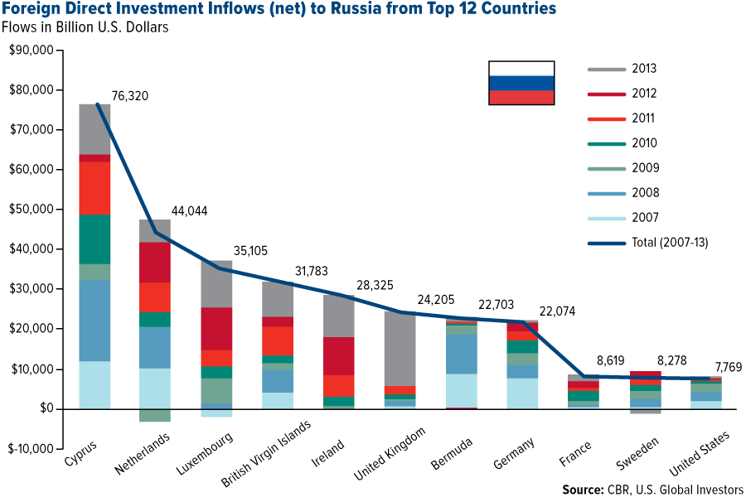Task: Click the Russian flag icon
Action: point(521,83)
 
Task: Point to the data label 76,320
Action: point(129,96)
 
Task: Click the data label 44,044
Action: point(189,211)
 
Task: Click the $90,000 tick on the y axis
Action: point(31,51)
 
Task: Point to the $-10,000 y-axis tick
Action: point(29,449)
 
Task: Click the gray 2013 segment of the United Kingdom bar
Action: point(401,348)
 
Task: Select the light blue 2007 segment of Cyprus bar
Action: point(94,384)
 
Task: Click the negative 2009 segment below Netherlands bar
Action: point(154,415)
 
